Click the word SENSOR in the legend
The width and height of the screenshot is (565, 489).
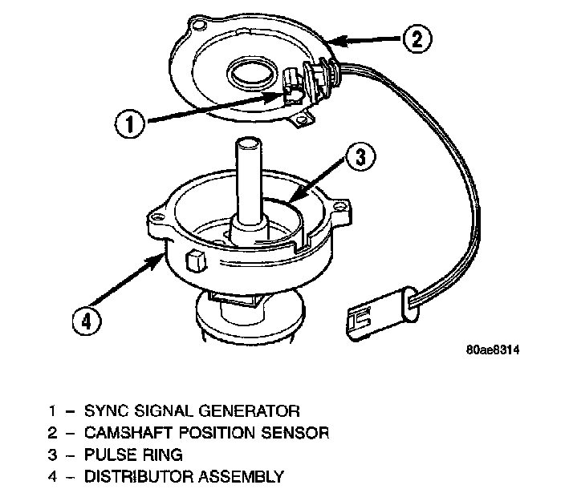[301, 433]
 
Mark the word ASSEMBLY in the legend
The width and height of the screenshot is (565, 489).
[244, 477]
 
